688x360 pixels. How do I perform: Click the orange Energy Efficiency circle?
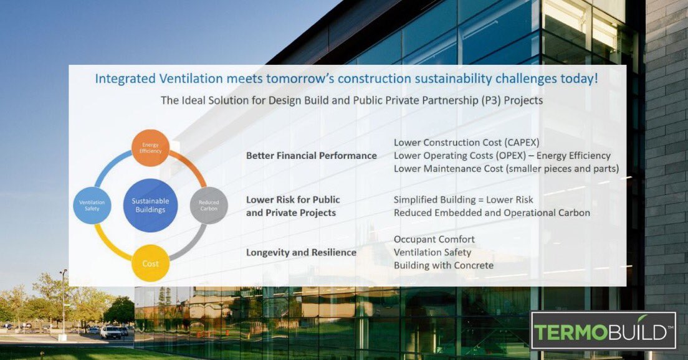pyautogui.click(x=150, y=148)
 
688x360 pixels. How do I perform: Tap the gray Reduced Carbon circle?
pyautogui.click(x=209, y=205)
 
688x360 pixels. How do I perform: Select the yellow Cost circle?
pyautogui.click(x=150, y=263)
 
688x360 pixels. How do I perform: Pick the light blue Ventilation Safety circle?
pyautogui.click(x=92, y=206)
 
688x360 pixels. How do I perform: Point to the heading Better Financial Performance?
pyautogui.click(x=311, y=155)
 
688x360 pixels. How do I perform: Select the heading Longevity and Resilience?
pyautogui.click(x=301, y=252)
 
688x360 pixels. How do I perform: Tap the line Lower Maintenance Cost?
pyautogui.click(x=505, y=168)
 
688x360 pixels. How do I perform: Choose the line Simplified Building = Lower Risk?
pyautogui.click(x=463, y=200)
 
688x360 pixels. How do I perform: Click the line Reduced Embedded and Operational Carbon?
pyautogui.click(x=491, y=213)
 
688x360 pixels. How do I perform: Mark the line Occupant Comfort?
pyautogui.click(x=434, y=239)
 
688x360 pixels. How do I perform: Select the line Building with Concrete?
pyautogui.click(x=443, y=265)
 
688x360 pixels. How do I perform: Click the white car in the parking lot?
pyautogui.click(x=110, y=332)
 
